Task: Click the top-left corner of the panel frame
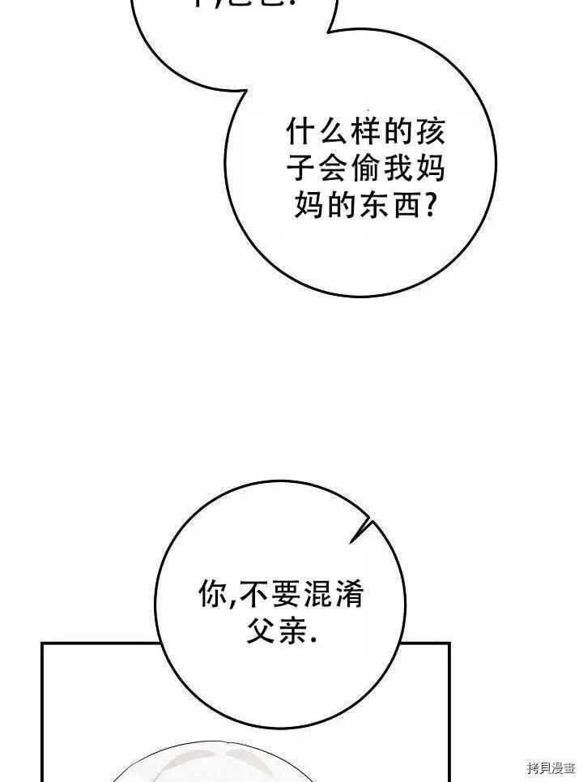coord(42,644)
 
